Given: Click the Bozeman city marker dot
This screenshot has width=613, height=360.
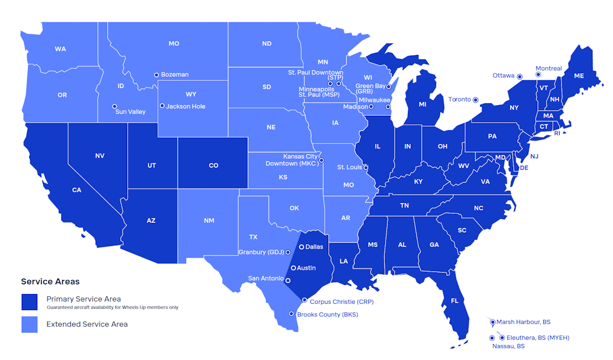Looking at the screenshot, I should (x=156, y=75).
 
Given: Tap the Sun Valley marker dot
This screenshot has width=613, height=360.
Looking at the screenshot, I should (x=115, y=106).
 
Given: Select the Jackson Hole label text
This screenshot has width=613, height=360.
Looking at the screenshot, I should (x=186, y=106).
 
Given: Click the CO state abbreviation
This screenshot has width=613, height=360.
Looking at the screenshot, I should (x=213, y=166).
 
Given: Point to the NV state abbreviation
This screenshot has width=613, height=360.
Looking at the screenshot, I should (x=100, y=156).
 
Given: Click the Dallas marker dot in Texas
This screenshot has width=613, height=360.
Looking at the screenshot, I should (x=301, y=246).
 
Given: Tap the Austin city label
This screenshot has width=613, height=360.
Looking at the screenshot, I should (x=306, y=268).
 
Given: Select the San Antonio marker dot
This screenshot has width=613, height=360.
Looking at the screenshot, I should (x=288, y=280).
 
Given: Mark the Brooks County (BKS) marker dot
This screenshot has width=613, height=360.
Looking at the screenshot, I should (x=292, y=314).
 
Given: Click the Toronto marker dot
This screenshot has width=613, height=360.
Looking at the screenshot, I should (x=476, y=100).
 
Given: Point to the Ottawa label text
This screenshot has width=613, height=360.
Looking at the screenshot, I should (x=504, y=76).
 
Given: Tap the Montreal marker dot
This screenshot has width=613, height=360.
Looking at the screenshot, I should (x=538, y=75).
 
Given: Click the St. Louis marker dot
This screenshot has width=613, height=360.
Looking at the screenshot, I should (x=366, y=167).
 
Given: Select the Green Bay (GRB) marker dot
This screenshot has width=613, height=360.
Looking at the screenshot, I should (x=388, y=87).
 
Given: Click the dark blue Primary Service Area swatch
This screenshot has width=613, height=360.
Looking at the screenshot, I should (x=29, y=302).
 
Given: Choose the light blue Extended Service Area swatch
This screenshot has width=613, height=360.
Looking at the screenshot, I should (x=29, y=324).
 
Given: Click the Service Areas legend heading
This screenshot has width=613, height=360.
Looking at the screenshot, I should (x=50, y=281).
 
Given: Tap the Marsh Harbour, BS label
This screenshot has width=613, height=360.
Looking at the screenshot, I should (x=523, y=322).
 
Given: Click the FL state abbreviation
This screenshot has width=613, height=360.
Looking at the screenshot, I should (x=454, y=300).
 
